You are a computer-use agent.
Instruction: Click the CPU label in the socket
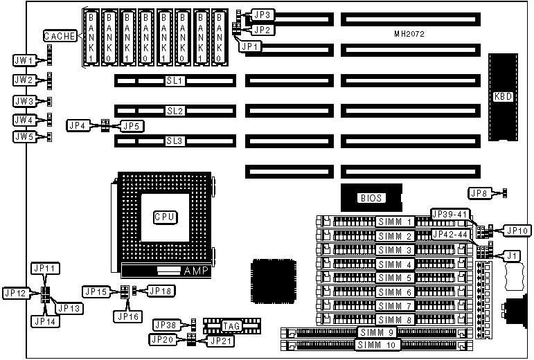(x=164, y=217)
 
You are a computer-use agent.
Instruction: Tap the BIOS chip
(x=371, y=197)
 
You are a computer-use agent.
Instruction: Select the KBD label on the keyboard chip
(x=502, y=97)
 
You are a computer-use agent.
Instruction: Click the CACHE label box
(x=60, y=36)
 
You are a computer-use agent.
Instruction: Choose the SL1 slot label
(x=174, y=81)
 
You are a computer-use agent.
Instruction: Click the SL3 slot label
(x=174, y=141)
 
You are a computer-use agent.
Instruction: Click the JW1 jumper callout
(x=24, y=61)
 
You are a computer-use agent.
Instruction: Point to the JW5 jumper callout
(x=24, y=137)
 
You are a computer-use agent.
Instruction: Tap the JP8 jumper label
(x=479, y=192)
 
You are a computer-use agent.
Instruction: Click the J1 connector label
(x=513, y=256)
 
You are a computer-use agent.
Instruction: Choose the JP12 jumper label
(x=15, y=294)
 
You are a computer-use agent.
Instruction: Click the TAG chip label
(x=230, y=325)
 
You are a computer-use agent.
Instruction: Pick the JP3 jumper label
(x=262, y=14)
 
